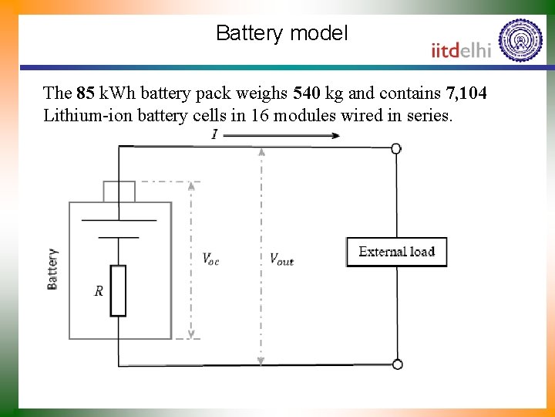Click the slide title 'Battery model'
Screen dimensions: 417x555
pos(282,33)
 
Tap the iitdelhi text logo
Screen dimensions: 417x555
pos(461,50)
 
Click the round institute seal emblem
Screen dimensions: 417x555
pos(521,40)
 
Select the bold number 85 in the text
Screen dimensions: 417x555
pos(86,94)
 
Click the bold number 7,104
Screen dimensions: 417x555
pos(466,94)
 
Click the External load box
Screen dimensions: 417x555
pos(396,252)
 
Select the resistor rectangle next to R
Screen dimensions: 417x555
pos(118,290)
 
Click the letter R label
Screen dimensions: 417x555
pos(99,291)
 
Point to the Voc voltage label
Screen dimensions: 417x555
pos(210,259)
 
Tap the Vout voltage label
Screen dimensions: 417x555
pos(281,259)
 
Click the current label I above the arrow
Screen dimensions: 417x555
pos(214,135)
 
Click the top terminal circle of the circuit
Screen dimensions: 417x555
pos(396,148)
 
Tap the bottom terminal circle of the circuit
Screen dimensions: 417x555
pos(397,364)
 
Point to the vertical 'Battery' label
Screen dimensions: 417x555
pos(52,269)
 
